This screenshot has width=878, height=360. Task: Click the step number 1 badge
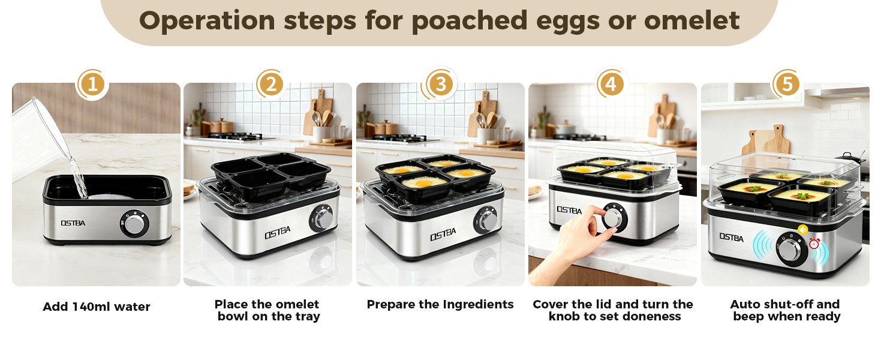coord(92,85)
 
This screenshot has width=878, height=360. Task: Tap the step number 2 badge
coord(270,85)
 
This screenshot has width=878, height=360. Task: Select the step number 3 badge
coord(441,85)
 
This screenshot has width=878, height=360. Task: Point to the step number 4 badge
coord(610,85)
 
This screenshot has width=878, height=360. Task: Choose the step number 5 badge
coord(786,85)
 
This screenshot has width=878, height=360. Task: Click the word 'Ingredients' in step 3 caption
coord(478,304)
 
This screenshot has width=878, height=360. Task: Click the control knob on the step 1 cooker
coord(136,224)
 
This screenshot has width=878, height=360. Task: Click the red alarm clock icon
coord(814,243)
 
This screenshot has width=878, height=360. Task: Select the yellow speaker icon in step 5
coord(802,229)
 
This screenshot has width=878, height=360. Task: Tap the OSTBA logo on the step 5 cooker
coord(731,238)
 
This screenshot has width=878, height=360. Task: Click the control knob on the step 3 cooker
coord(488,221)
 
